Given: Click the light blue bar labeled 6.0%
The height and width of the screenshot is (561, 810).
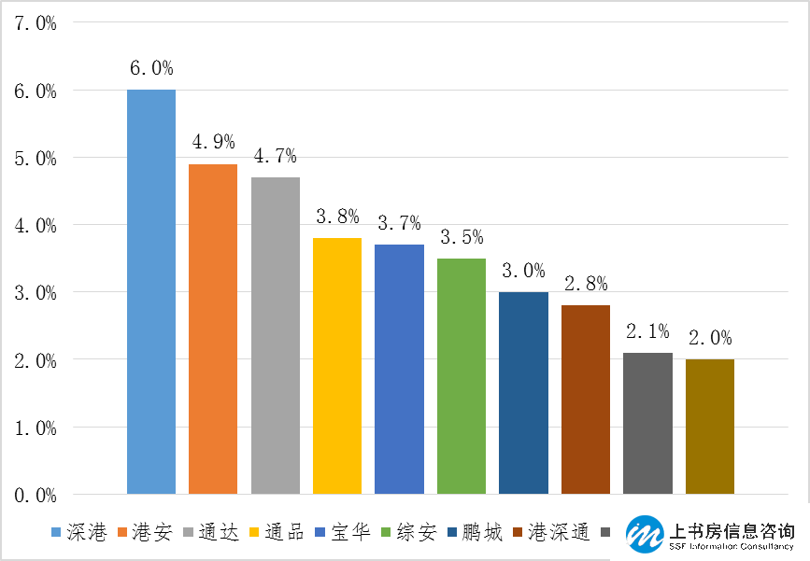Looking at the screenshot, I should coord(151,291).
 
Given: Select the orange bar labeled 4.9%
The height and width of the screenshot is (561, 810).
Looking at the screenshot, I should coord(213,329).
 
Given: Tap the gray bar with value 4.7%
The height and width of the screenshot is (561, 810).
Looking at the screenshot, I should coord(276,335).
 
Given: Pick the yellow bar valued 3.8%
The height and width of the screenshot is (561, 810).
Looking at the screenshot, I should coord(337,365).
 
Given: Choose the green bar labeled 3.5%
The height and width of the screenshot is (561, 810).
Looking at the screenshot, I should coord(462,375).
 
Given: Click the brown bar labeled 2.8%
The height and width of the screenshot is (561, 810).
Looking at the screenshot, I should coord(586,399).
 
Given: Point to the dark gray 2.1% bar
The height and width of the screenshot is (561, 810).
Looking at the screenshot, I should coord(647,423).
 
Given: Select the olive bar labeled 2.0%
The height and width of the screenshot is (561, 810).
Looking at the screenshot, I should coord(710,426).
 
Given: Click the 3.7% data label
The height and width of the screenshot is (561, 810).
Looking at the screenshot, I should coord(400,224).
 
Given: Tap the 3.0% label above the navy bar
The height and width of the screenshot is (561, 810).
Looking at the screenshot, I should coord(523,272).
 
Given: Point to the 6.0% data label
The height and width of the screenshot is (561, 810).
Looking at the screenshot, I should coord(151,69).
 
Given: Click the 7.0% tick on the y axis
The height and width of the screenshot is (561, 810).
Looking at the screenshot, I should coord(36,23).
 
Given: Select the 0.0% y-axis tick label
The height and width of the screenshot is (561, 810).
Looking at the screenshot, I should coord(36,495).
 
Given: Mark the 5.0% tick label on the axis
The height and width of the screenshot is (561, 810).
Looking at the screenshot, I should coord(36,159).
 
